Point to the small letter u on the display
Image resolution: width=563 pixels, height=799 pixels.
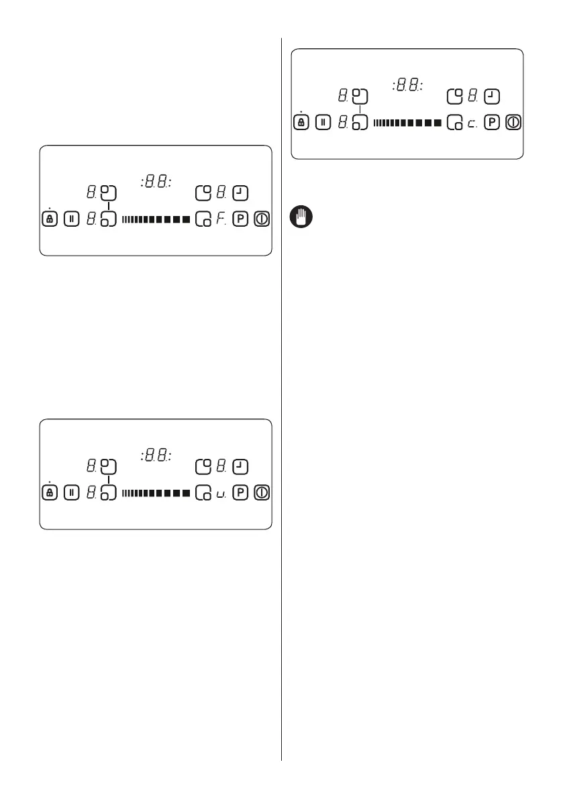click(220, 495)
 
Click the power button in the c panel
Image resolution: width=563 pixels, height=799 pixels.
click(514, 123)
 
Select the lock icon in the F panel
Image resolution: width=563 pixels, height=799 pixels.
click(50, 219)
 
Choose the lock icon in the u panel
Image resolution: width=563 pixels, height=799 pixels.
click(50, 493)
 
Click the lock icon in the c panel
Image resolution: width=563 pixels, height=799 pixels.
click(302, 123)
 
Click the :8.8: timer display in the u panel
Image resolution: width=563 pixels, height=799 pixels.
click(156, 456)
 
